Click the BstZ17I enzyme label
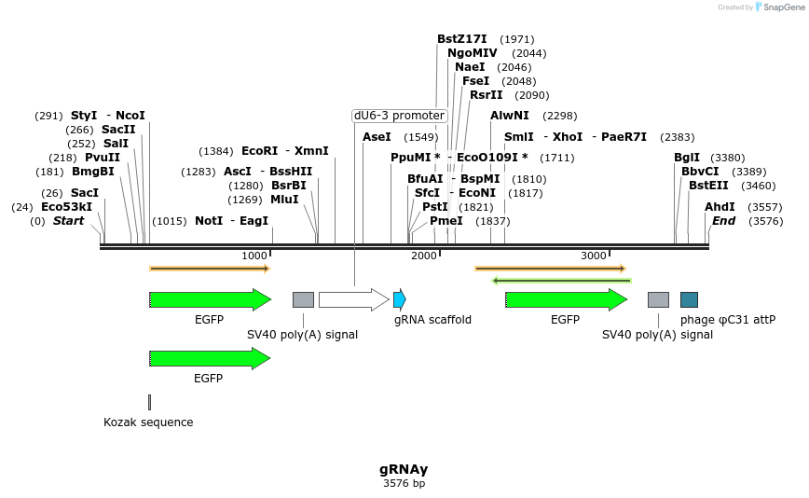coord(461,39)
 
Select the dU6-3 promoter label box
coord(399,116)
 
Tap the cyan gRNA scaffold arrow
coord(400,299)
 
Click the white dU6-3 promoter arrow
coord(353,299)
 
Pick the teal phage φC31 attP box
coord(689,299)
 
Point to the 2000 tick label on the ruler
coord(424,256)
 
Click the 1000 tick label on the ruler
coord(254,256)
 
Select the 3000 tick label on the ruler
coord(594,256)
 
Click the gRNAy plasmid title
coord(404,469)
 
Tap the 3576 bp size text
coord(404,483)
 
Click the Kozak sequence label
coord(148,422)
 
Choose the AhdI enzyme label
coord(720,207)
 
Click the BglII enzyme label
coord(687,158)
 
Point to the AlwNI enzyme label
coord(510,116)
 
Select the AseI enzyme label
coord(377,137)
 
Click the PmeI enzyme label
coord(446,221)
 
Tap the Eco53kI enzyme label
coord(66,207)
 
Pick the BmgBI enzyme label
coord(93,172)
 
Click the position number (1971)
coord(517,39)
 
